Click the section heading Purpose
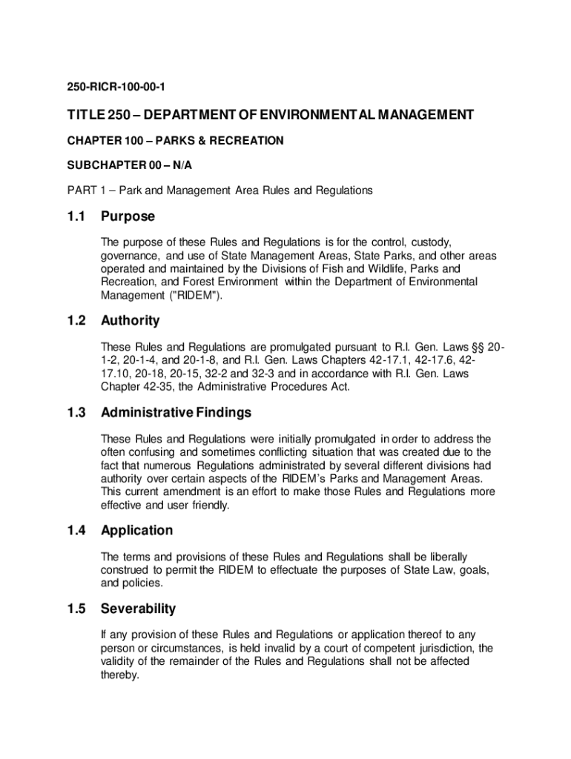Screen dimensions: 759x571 coord(128,216)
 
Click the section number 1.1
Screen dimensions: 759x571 coord(76,216)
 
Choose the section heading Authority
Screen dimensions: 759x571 coord(130,321)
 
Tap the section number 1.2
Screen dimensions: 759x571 coord(76,321)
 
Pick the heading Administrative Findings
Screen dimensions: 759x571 coord(176,412)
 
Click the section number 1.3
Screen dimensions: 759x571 coord(76,412)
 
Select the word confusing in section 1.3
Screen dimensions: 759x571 coord(151,451)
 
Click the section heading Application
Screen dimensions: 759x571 coord(136,531)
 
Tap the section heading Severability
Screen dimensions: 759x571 coord(138,609)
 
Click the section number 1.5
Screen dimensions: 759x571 coord(76,609)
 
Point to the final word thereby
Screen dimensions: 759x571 coord(119,675)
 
